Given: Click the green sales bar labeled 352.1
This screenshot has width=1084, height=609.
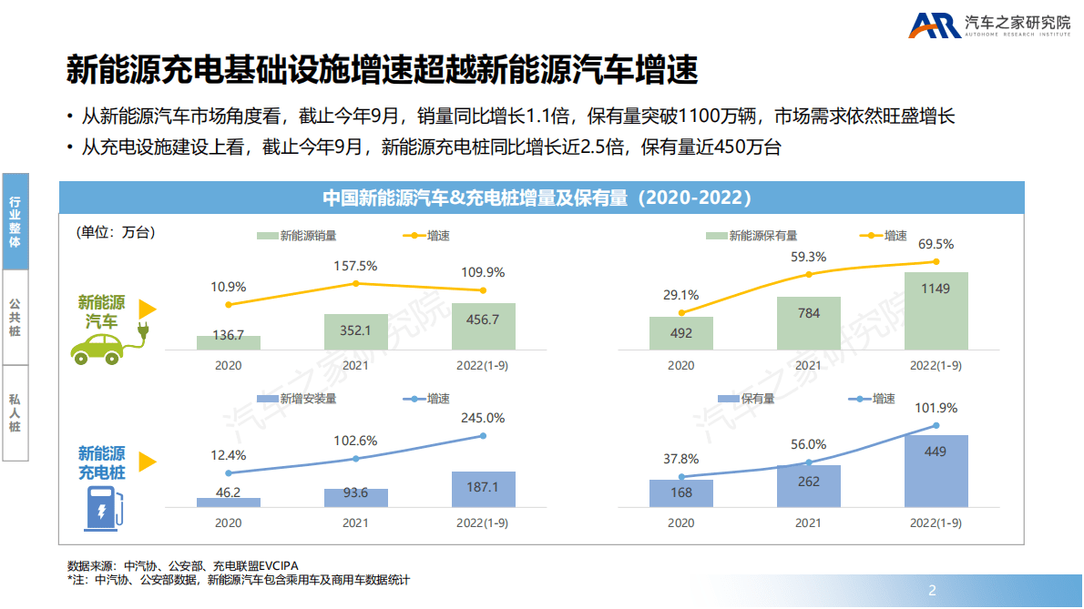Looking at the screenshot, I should [355, 332].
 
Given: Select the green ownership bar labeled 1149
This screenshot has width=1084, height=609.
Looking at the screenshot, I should [936, 310].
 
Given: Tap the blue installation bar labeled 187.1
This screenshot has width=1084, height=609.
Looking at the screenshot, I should [483, 489].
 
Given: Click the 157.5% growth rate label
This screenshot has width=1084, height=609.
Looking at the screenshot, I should [356, 266].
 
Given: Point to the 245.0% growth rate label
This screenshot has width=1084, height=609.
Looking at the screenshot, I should [483, 418].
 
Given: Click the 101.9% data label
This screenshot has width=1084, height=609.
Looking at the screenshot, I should [936, 408].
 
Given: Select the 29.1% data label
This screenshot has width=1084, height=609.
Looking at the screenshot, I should [680, 295].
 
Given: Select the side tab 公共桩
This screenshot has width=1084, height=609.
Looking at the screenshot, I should [15, 317].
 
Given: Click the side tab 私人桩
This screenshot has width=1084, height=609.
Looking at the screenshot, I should [15, 412].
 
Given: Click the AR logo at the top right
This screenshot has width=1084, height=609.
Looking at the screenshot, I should [934, 25].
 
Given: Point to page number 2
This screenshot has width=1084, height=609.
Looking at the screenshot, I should [931, 588].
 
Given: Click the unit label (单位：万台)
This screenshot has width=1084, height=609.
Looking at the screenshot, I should [116, 232].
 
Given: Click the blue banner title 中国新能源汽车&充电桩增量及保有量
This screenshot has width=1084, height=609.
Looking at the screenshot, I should [537, 198].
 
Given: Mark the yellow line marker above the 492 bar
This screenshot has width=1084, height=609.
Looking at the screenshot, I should [681, 312].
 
